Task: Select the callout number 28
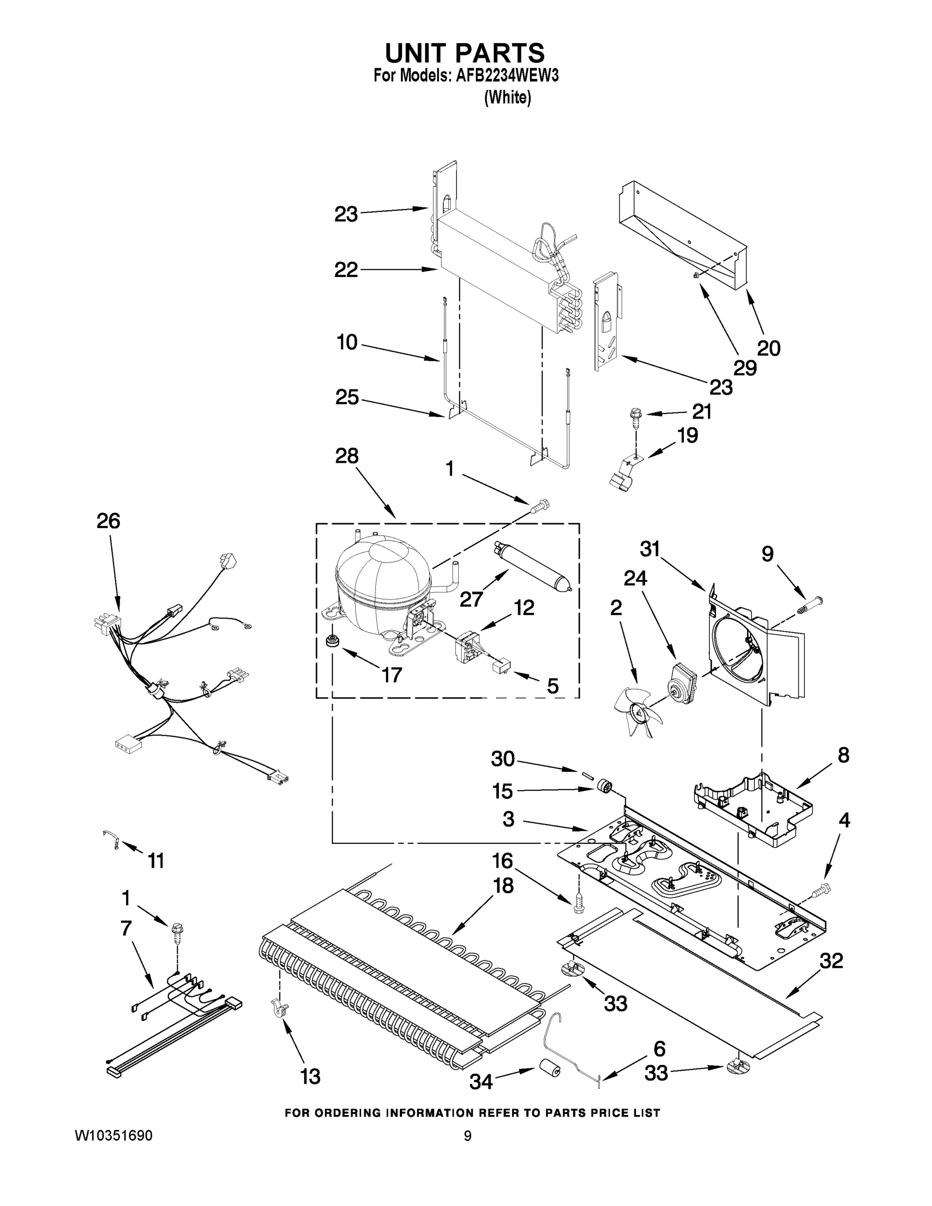click(x=346, y=456)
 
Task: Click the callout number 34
click(x=480, y=1081)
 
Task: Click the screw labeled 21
click(x=636, y=415)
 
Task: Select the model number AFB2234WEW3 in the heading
click(x=507, y=76)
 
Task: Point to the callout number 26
click(x=108, y=521)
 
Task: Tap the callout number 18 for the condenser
click(x=503, y=885)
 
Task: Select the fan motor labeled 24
click(x=681, y=682)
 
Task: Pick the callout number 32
click(x=831, y=961)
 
